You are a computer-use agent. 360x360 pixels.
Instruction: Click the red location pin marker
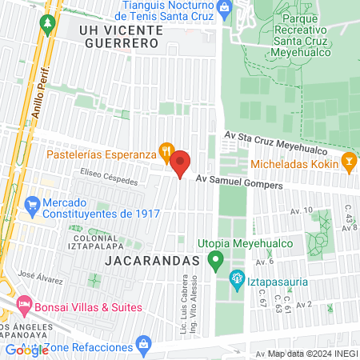(x=180, y=163)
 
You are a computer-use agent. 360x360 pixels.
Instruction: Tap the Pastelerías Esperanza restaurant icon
(x=166, y=149)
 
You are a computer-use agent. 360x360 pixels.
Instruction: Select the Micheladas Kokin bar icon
(x=348, y=161)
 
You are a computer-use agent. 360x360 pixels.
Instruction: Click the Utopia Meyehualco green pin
(x=214, y=259)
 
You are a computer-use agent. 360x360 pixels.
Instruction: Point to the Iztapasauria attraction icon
(x=236, y=280)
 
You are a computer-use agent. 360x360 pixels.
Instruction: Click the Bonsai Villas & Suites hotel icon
(x=24, y=304)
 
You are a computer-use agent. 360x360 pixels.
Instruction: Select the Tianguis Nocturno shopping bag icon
(x=225, y=10)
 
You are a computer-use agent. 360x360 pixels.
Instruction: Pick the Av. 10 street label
(x=302, y=211)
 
